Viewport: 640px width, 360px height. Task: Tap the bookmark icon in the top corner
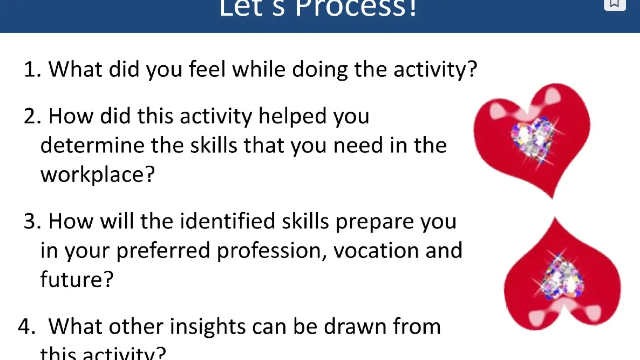click(614, 4)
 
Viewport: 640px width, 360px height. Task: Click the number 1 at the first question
click(31, 69)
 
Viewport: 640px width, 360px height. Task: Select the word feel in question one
click(207, 69)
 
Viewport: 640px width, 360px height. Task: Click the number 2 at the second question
click(32, 116)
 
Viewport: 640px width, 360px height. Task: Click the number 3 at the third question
click(32, 221)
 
